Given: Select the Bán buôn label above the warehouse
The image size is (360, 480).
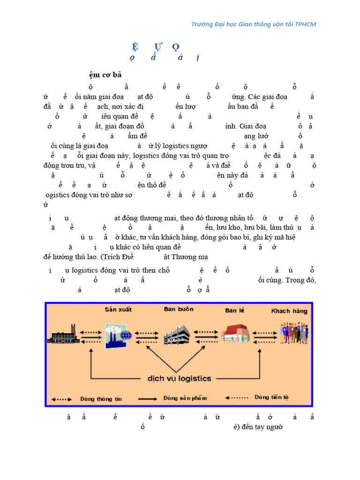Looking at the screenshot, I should (x=179, y=309).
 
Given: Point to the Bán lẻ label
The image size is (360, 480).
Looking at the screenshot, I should (x=235, y=310).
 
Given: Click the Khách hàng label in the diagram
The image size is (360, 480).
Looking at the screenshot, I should (x=290, y=311).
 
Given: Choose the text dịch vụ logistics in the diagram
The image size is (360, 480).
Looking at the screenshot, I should (x=180, y=378).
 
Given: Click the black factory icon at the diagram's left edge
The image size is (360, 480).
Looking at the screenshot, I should (x=64, y=334).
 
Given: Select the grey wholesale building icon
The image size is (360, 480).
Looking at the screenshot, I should (x=177, y=335).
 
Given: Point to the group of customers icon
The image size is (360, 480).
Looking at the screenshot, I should (x=294, y=333).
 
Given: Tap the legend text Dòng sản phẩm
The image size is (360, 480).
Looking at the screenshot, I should (x=185, y=398).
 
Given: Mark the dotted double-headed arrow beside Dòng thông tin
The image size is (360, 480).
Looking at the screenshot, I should (x=61, y=399).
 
